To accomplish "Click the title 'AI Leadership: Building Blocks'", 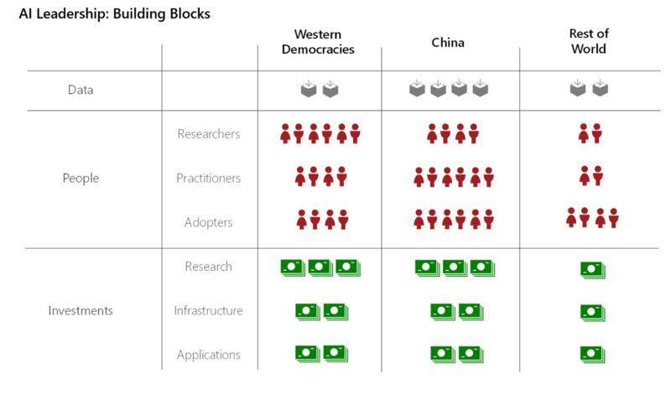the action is click(115, 13).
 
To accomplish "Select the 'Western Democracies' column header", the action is click(318, 41).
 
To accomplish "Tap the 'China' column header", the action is click(448, 43).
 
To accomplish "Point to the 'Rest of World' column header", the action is click(589, 41).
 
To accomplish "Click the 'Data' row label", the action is click(81, 90).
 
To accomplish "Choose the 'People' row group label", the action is click(81, 178).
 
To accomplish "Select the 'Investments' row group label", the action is click(81, 310).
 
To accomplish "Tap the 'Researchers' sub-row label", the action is click(208, 134).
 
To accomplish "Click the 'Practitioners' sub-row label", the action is click(208, 178).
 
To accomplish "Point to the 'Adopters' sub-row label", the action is click(208, 222).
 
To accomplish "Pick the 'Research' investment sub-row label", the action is click(208, 266).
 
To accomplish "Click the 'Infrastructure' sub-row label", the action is click(208, 310).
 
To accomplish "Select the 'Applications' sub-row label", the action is click(208, 355).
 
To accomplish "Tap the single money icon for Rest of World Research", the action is click(593, 269).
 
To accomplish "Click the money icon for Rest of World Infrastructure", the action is click(593, 313).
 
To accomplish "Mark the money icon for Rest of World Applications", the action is click(593, 355).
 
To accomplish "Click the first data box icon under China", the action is click(417, 88).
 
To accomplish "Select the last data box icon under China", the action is click(480, 88).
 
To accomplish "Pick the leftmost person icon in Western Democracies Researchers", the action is click(285, 133).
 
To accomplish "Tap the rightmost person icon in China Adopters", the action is click(489, 219).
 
